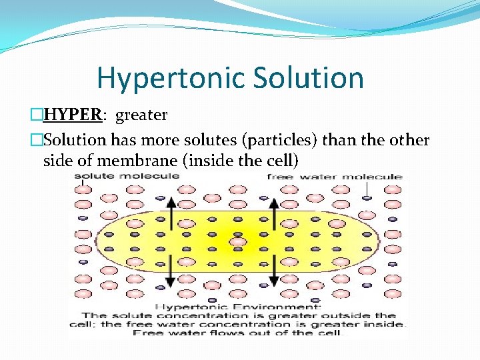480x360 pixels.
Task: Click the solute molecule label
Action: pyautogui.click(x=126, y=177)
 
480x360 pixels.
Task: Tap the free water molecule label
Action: pyautogui.click(x=334, y=177)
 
